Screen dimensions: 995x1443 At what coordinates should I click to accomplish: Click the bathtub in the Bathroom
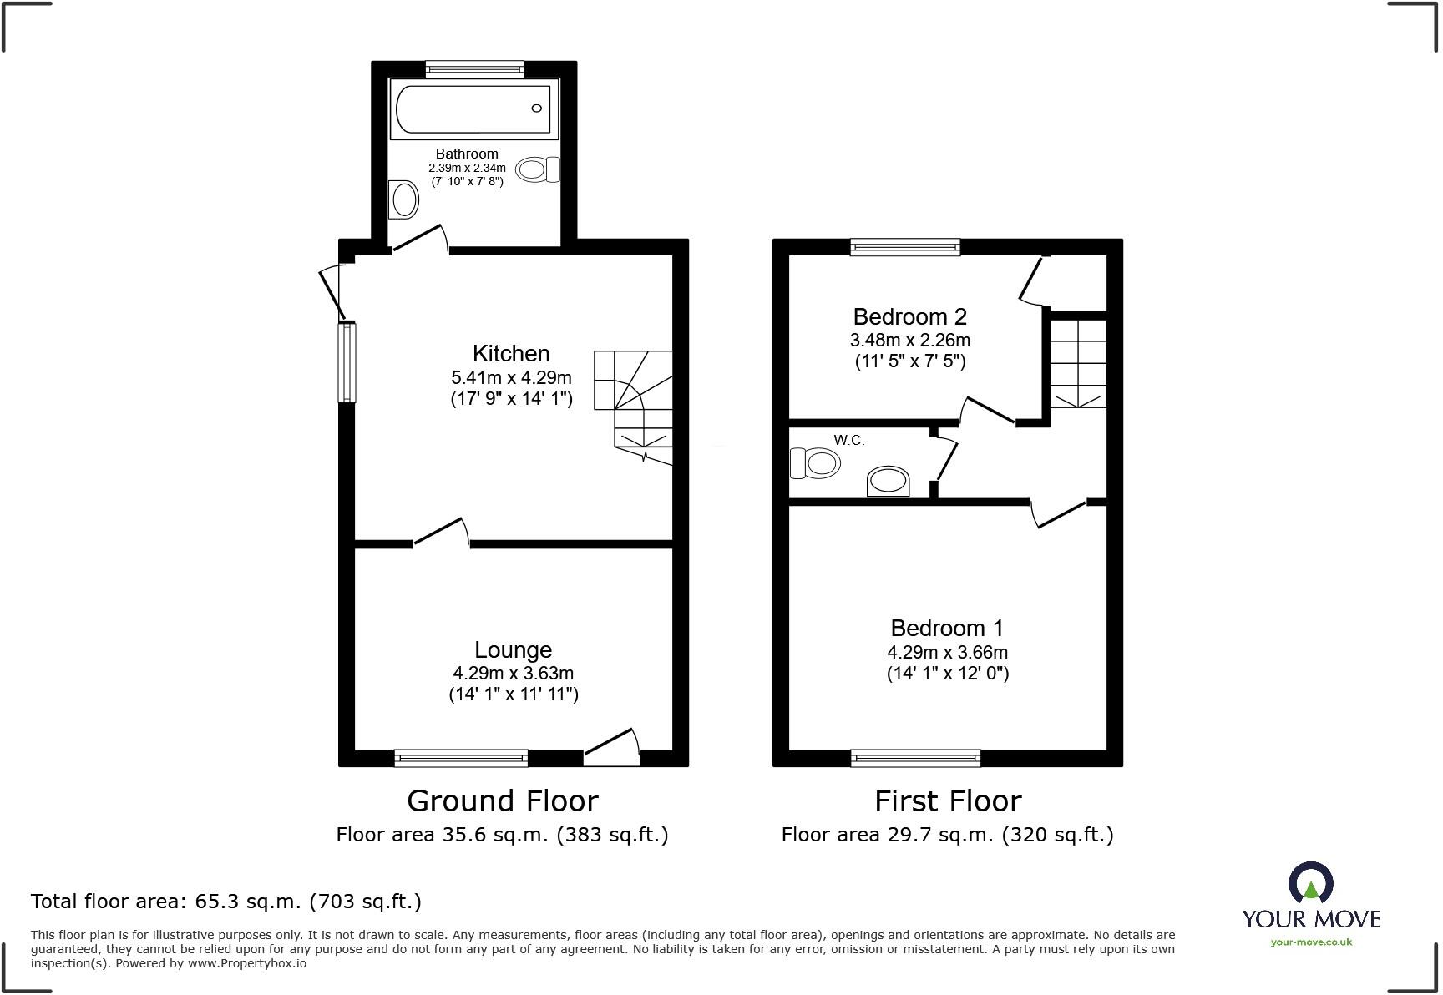tap(473, 109)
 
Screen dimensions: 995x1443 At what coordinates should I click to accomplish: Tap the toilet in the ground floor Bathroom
tap(537, 170)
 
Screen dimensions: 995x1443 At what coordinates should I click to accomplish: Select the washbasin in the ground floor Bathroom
tap(405, 200)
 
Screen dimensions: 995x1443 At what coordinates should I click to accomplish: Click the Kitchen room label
tap(511, 353)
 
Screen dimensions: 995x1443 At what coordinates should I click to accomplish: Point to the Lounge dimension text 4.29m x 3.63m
tap(513, 673)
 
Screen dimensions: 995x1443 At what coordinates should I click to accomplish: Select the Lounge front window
tap(461, 758)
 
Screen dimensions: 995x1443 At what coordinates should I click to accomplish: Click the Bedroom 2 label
tap(909, 317)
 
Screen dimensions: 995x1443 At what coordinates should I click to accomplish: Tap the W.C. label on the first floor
tap(848, 441)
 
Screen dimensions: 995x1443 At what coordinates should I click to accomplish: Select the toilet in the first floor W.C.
tap(815, 462)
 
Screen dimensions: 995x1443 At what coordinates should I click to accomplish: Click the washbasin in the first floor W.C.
tap(888, 482)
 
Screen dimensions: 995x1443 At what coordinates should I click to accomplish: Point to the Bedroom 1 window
tap(915, 758)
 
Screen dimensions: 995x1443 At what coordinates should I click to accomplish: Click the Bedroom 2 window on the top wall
tap(905, 246)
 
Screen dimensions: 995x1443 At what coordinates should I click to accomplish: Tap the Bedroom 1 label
tap(947, 628)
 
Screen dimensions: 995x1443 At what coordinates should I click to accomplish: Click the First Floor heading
tap(947, 801)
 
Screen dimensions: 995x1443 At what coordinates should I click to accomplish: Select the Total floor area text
tap(226, 902)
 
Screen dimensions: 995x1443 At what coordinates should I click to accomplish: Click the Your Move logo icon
tap(1310, 884)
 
